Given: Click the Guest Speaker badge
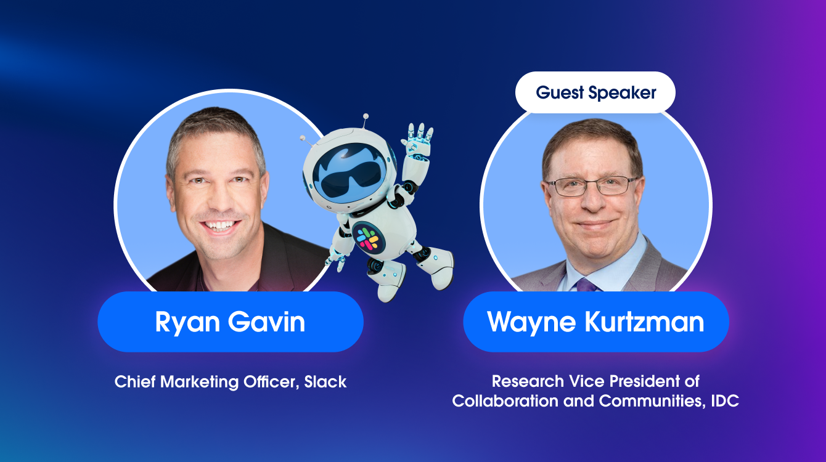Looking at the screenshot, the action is click(x=595, y=92).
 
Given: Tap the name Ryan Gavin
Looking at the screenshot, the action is click(x=230, y=322).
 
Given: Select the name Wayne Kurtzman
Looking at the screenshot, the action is click(x=595, y=322).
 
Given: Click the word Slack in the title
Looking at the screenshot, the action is click(x=325, y=382).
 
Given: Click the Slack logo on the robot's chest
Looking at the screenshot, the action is click(x=367, y=239).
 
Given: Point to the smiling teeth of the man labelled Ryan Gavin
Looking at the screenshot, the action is click(x=220, y=224).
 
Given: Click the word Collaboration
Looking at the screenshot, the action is click(x=505, y=401).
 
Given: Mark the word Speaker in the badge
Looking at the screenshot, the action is click(x=622, y=93).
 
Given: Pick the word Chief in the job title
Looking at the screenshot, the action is click(x=135, y=382).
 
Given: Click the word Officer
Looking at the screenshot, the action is click(x=271, y=382).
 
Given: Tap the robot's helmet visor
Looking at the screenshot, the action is click(x=350, y=173).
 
